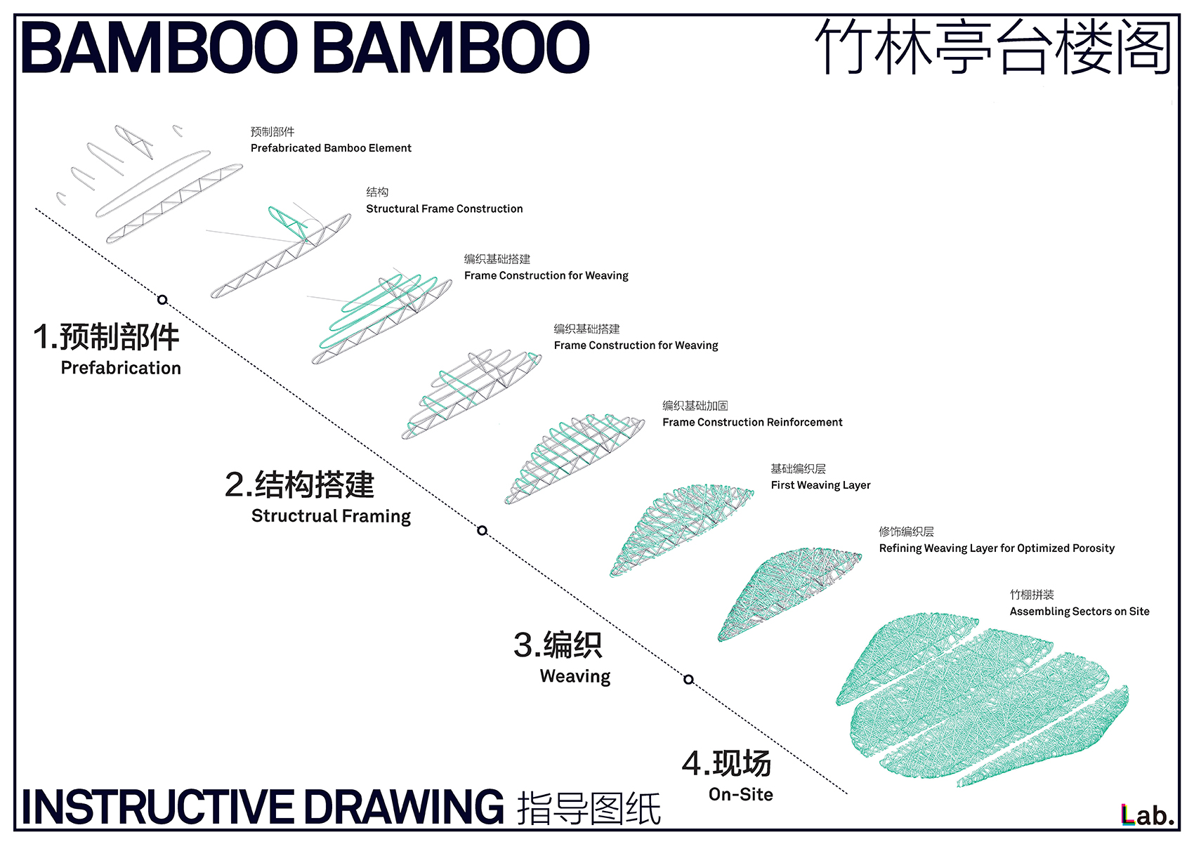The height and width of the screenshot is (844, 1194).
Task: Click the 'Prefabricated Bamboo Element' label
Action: click(331, 148)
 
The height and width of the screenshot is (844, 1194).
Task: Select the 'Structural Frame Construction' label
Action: click(444, 209)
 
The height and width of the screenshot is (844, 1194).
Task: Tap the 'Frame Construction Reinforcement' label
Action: click(752, 422)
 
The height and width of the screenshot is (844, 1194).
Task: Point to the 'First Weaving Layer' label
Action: click(820, 485)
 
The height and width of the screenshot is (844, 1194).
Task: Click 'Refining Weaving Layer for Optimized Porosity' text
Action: click(997, 548)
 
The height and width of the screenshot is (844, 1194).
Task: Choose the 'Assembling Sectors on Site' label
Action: click(1080, 612)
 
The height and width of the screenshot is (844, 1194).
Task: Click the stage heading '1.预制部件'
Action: click(107, 337)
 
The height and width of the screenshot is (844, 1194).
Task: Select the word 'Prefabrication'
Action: click(121, 368)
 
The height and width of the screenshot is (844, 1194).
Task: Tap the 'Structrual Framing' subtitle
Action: click(331, 516)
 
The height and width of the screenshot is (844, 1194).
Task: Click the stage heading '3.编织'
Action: click(558, 645)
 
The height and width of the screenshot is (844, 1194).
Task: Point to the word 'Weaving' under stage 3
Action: click(575, 676)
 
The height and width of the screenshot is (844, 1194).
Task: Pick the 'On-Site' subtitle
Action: click(741, 795)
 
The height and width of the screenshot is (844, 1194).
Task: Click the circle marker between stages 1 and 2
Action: click(162, 300)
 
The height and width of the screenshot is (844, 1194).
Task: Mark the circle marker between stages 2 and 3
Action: click(482, 530)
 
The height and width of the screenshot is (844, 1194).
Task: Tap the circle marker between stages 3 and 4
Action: click(688, 679)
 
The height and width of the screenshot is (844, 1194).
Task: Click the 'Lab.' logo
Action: click(1147, 815)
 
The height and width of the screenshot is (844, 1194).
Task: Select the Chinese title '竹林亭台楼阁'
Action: click(993, 48)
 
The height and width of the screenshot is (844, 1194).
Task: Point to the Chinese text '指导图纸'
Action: click(589, 809)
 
